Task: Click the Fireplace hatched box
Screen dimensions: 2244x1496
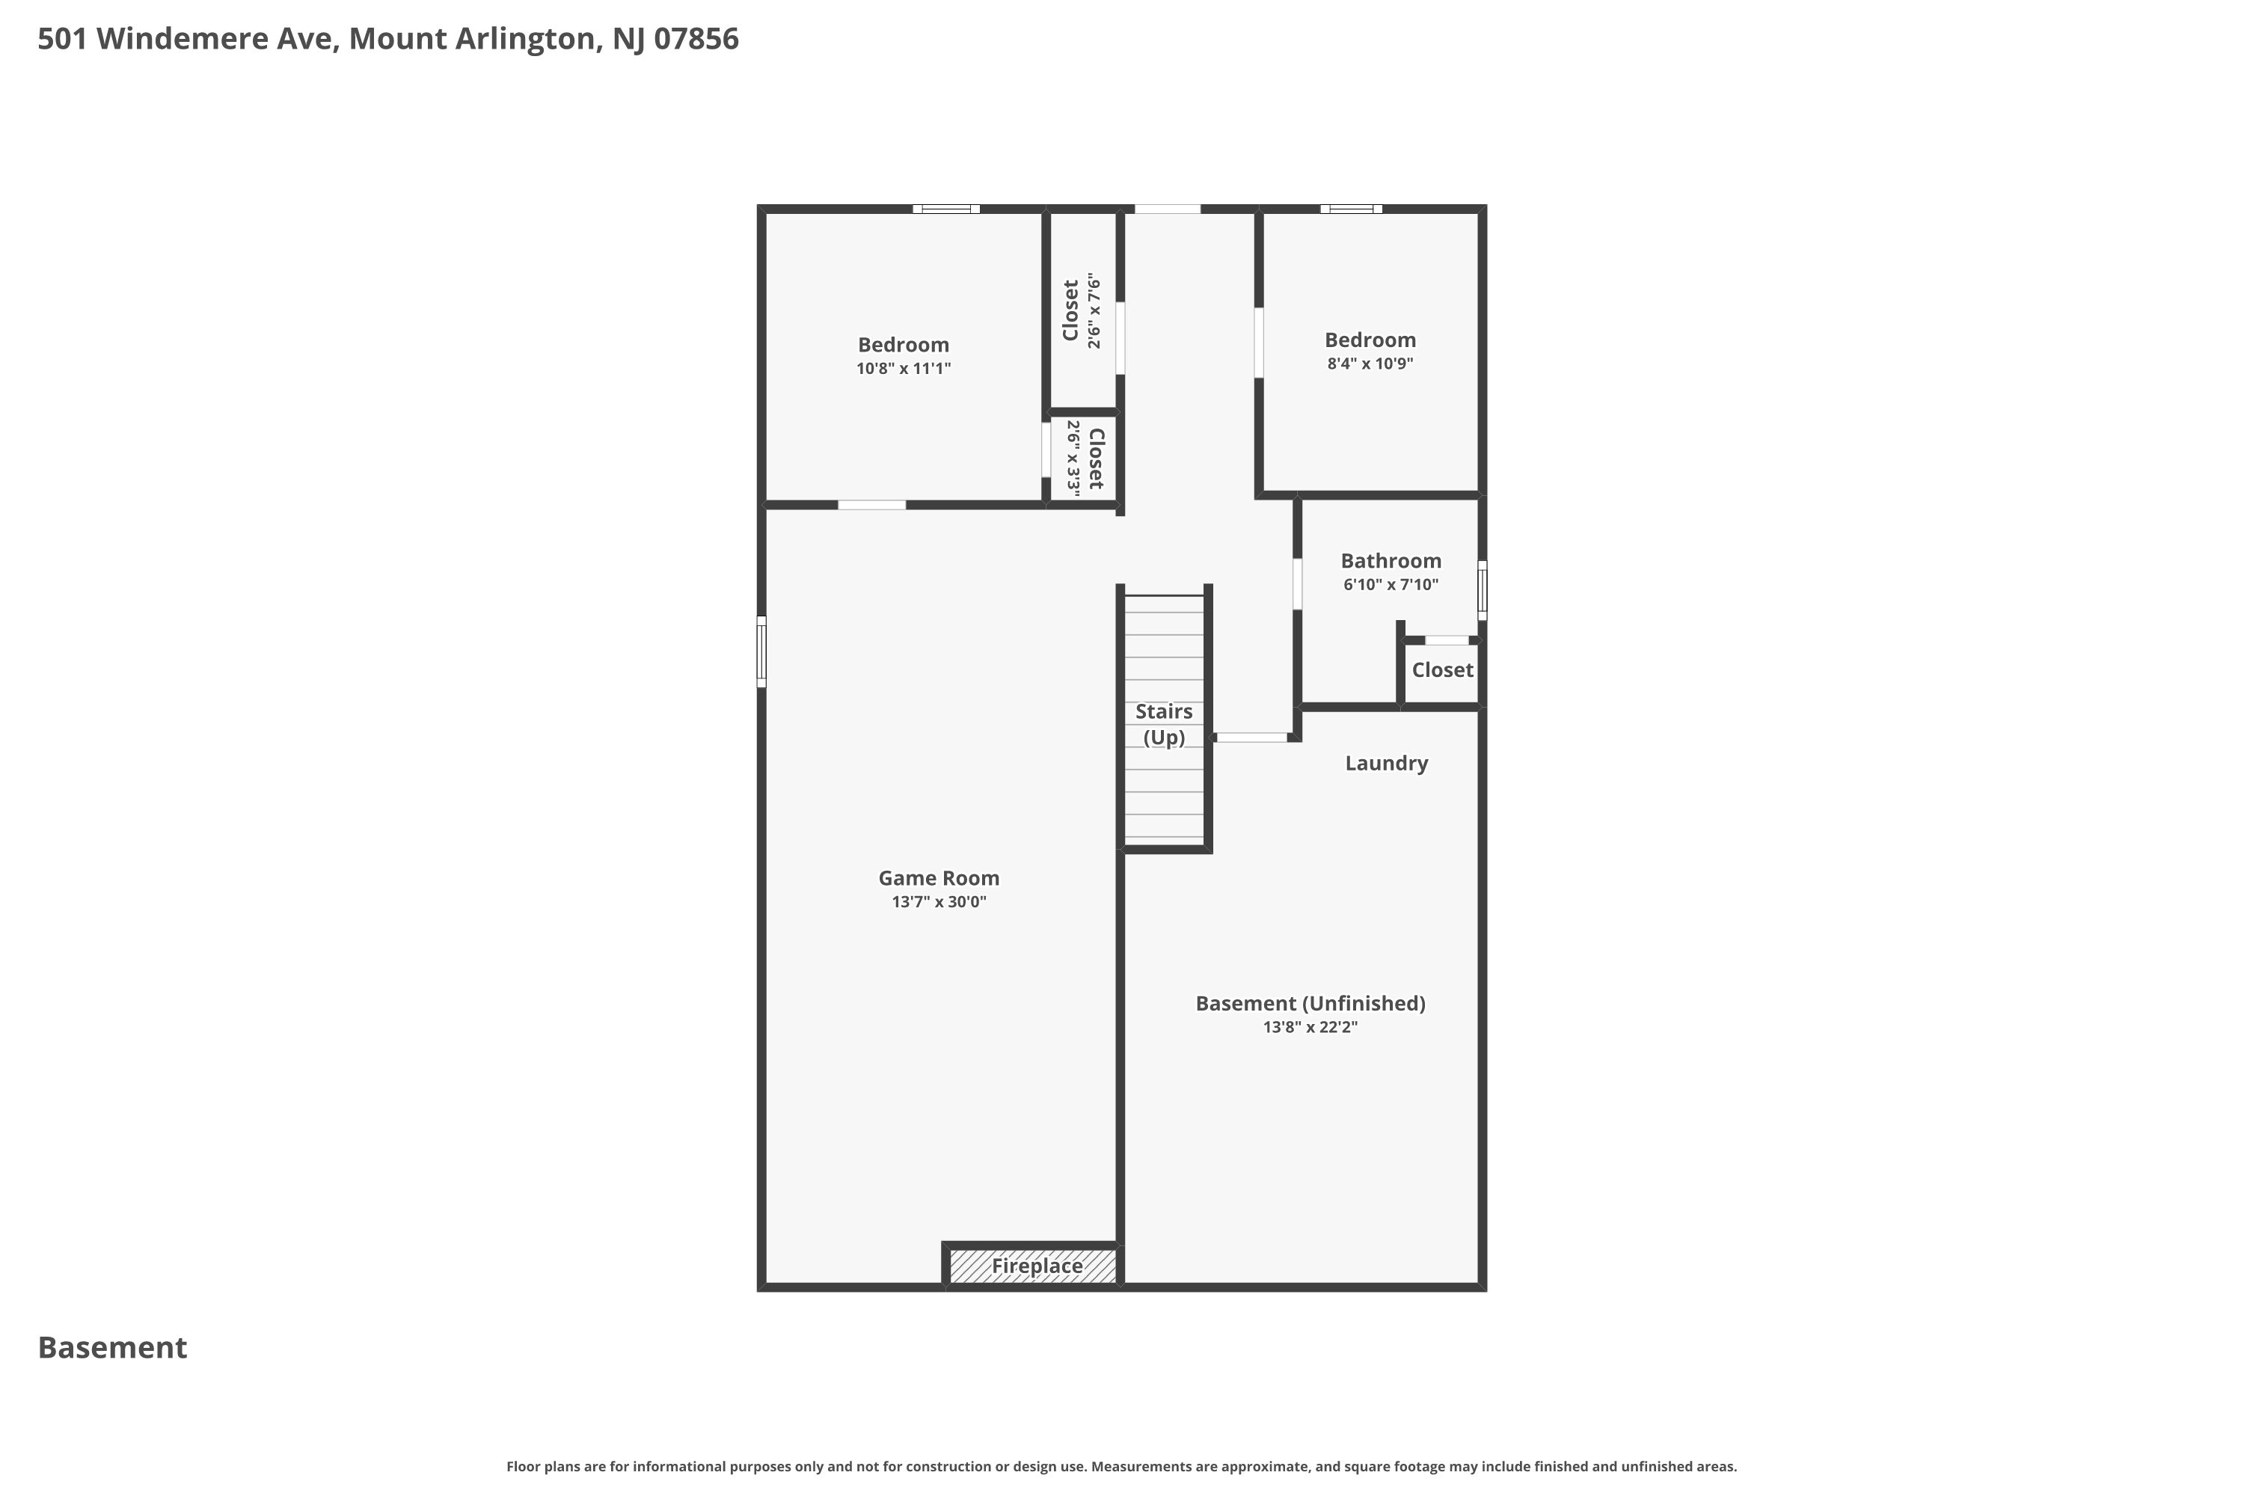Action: (x=1032, y=1266)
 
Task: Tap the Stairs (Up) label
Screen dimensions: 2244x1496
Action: (x=1164, y=724)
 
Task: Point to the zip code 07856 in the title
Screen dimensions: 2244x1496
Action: (x=696, y=39)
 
